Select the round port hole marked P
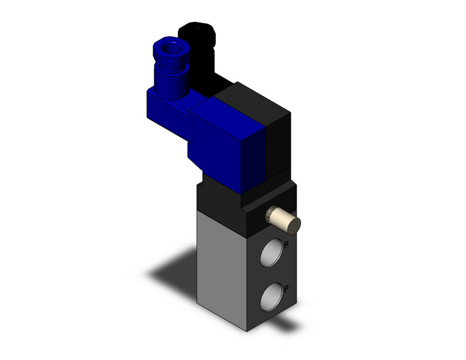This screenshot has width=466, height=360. coord(270,296)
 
